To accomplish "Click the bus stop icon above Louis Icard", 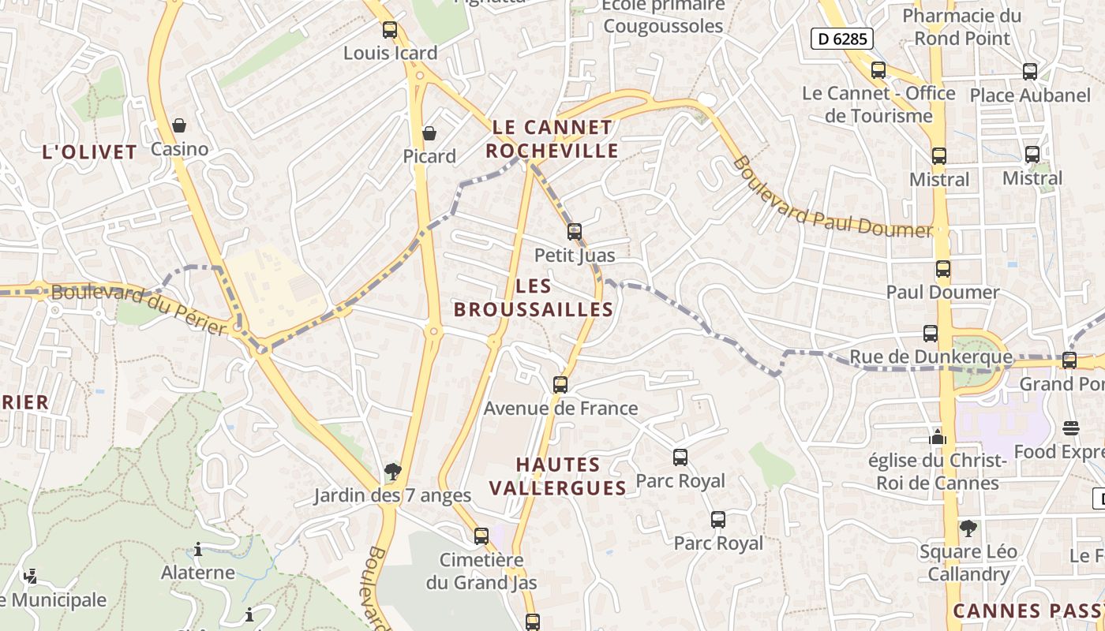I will [x=390, y=30].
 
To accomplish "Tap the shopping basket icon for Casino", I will [x=179, y=125].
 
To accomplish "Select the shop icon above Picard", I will [x=429, y=133].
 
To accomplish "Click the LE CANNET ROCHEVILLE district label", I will [x=552, y=139].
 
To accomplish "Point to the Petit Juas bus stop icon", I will [x=575, y=232].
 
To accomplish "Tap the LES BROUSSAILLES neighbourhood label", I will [x=534, y=298].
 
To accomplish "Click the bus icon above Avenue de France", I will [x=560, y=385].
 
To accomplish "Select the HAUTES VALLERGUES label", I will [x=558, y=476].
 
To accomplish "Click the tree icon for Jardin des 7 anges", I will [x=392, y=472].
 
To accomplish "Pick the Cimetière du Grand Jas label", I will [x=481, y=572].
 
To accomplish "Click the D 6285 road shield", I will [x=841, y=39].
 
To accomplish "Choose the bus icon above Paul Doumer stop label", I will [x=942, y=269].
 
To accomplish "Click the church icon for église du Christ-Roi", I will [x=938, y=436].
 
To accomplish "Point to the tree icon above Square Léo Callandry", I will [x=968, y=528].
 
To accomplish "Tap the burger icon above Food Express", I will [x=1071, y=428].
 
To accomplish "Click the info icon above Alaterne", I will [x=198, y=549].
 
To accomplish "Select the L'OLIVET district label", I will [x=90, y=152].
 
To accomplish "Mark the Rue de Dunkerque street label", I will [x=931, y=357].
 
